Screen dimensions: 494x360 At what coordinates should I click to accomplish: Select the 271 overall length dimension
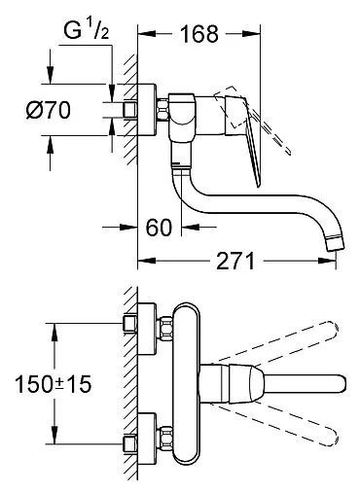tap(231, 262)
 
